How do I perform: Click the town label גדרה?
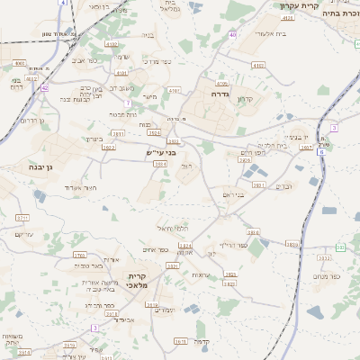(221, 94)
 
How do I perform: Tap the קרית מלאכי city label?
(137, 280)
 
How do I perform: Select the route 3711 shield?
(23, 218)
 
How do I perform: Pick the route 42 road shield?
(44, 87)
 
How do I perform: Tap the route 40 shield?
(232, 34)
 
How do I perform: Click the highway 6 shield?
(320, 152)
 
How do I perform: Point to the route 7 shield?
(334, 128)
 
